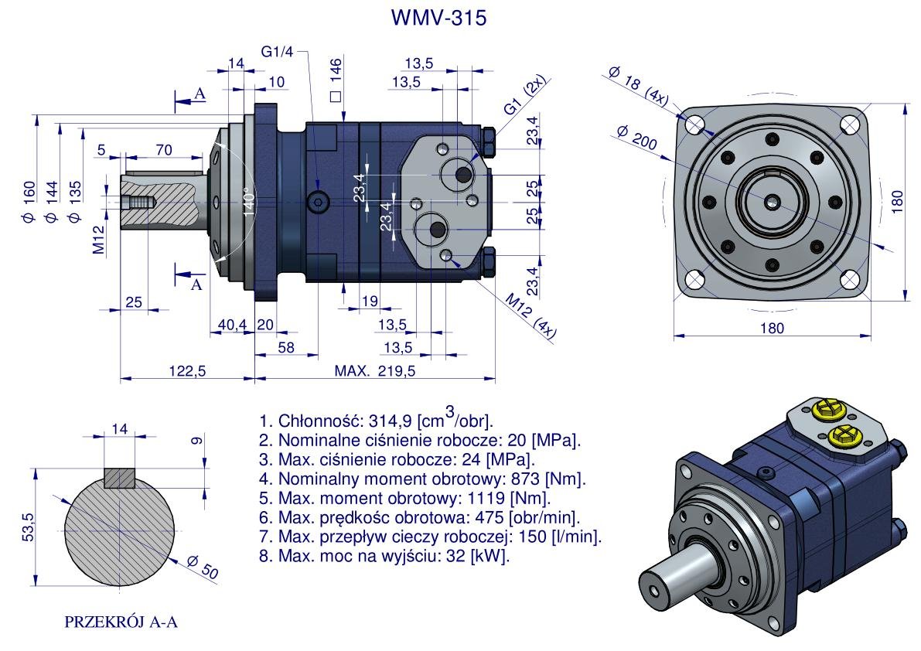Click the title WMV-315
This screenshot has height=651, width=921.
439,19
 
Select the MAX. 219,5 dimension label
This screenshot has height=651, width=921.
375,371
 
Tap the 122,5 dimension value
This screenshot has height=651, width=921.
187,371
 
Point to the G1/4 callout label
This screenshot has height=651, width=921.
277,52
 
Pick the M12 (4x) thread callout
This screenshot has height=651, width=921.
531,315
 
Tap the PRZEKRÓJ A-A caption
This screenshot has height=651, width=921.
121,622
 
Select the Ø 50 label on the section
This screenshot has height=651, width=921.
203,567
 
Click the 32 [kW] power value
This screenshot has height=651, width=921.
486,556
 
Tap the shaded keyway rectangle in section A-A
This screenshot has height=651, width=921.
120,477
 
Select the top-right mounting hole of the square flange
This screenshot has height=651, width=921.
851,124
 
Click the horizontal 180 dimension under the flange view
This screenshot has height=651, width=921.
772,328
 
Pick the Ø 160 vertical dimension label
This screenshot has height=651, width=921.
29,201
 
